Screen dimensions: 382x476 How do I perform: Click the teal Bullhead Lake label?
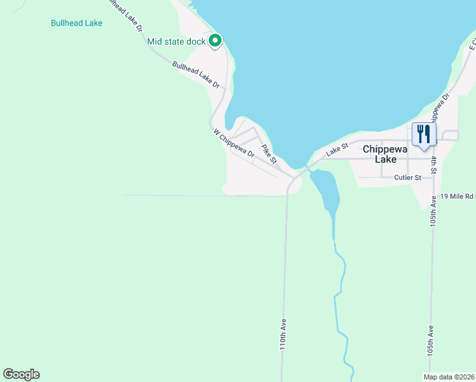pyautogui.click(x=76, y=23)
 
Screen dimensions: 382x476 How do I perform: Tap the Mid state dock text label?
pyautogui.click(x=176, y=42)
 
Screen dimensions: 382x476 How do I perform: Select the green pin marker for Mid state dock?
pyautogui.click(x=215, y=41)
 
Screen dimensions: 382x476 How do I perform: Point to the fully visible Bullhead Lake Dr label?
pyautogui.click(x=196, y=74)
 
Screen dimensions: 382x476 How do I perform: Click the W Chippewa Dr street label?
pyautogui.click(x=234, y=144)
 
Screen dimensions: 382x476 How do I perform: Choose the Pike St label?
pyautogui.click(x=269, y=155)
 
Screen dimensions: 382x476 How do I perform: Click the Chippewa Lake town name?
pyautogui.click(x=386, y=154)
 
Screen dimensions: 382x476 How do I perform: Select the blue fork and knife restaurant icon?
pyautogui.click(x=423, y=134)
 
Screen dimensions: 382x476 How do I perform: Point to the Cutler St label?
pyautogui.click(x=407, y=178)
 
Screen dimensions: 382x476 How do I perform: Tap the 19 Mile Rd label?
pyautogui.click(x=457, y=196)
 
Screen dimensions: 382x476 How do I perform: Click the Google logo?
pyautogui.click(x=21, y=374)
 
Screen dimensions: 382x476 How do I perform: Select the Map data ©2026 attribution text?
pyautogui.click(x=449, y=377)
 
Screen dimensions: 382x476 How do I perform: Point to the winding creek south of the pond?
pyautogui.click(x=341, y=280)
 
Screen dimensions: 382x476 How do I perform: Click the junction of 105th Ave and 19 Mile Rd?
pyautogui.click(x=433, y=196)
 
